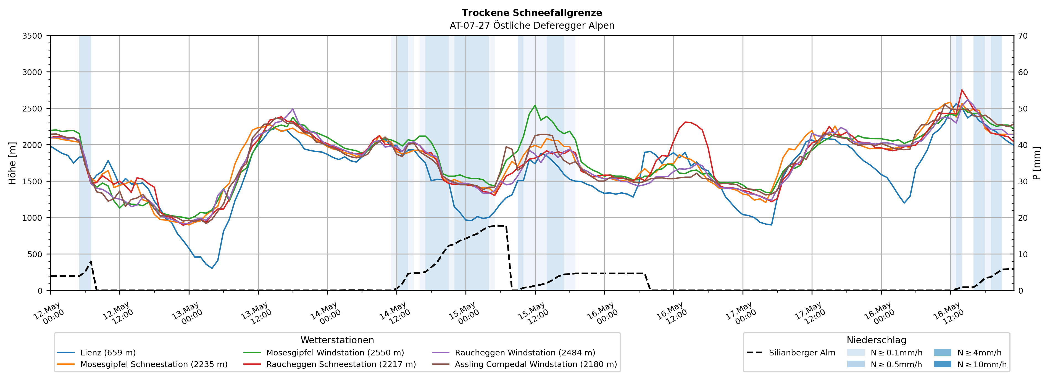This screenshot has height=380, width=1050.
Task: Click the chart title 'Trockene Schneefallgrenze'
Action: (532, 13)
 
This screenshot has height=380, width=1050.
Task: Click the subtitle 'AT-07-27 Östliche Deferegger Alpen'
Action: (532, 26)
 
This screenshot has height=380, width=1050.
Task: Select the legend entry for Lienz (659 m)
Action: (97, 353)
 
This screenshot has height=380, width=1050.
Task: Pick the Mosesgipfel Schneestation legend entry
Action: (143, 364)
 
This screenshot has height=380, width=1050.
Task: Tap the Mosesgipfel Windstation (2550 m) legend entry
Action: (324, 353)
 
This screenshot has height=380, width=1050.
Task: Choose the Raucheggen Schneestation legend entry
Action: (330, 364)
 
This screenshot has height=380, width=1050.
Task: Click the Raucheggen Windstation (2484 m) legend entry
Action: (514, 353)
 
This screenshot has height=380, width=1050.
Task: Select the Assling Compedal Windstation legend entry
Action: (525, 364)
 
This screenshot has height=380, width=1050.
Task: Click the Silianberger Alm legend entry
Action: (791, 353)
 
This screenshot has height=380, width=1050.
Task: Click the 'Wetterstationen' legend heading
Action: (337, 340)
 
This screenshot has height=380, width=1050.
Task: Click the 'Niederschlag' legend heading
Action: (876, 340)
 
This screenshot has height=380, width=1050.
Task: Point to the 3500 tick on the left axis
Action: (32, 36)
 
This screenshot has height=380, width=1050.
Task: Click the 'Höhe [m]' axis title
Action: (13, 163)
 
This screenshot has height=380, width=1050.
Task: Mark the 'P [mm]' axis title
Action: (1036, 163)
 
